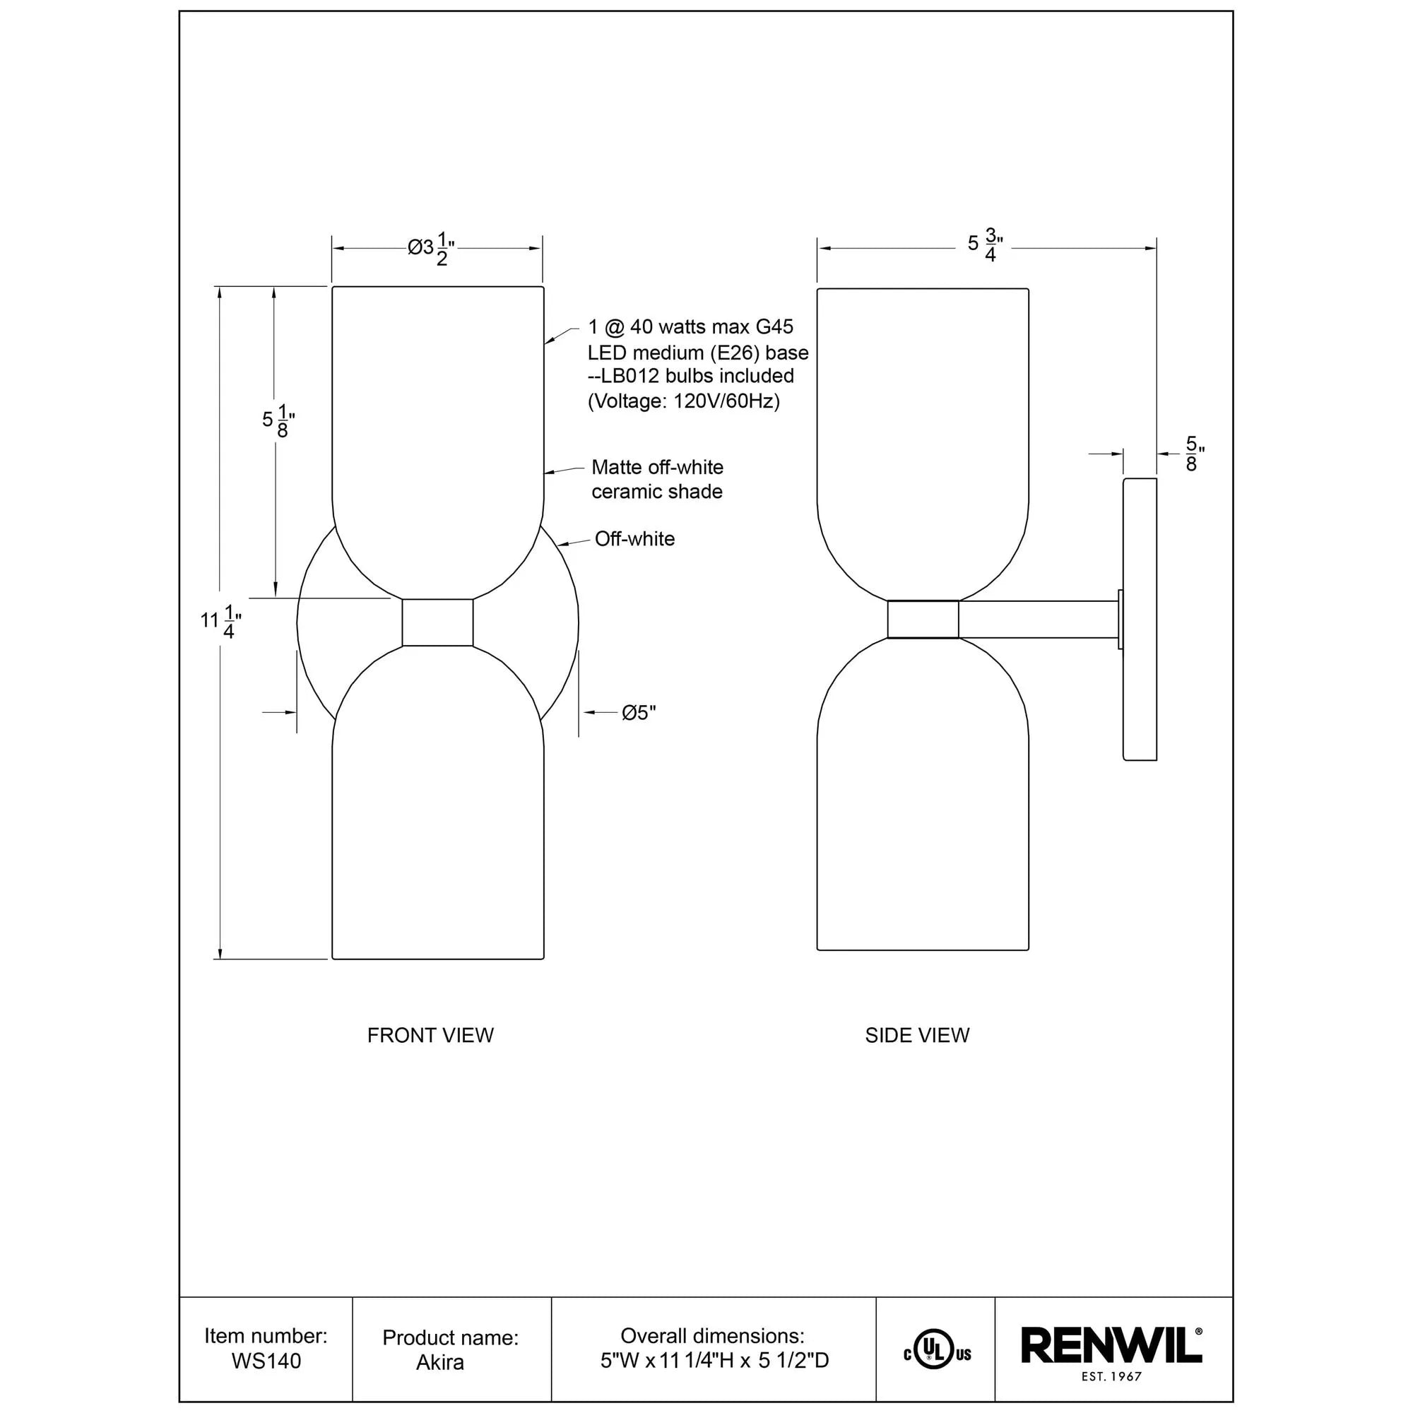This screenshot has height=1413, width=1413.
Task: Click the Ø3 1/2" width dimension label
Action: pyautogui.click(x=432, y=249)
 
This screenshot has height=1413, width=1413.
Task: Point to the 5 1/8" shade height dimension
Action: pyautogui.click(x=278, y=421)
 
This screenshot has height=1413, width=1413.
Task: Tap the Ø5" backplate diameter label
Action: pyautogui.click(x=639, y=712)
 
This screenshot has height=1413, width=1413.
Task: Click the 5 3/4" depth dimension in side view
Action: pyautogui.click(x=984, y=245)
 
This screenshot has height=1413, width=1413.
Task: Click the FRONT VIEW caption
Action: pyautogui.click(x=430, y=1035)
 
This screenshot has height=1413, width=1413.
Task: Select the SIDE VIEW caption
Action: pyautogui.click(x=917, y=1035)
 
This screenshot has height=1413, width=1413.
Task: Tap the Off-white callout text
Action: pyautogui.click(x=634, y=539)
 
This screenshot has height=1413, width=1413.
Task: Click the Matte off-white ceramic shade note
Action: pyautogui.click(x=657, y=479)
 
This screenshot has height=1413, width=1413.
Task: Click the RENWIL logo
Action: pyautogui.click(x=1110, y=1346)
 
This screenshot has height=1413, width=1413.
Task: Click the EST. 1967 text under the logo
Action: pyautogui.click(x=1111, y=1376)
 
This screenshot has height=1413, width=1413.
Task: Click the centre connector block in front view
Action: pyautogui.click(x=437, y=622)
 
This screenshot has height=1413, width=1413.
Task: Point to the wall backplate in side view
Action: pyautogui.click(x=1140, y=619)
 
